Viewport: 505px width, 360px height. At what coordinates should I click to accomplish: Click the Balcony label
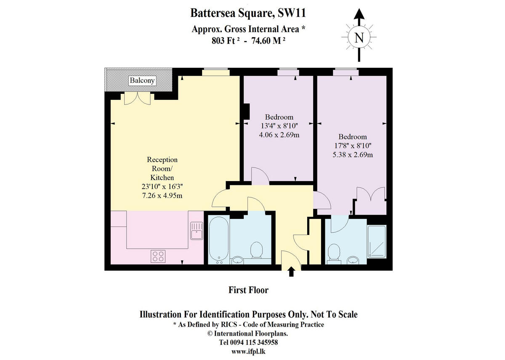(x=142, y=80)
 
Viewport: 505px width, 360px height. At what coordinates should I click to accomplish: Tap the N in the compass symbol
(x=359, y=38)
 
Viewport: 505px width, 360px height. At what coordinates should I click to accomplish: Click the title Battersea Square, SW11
(x=248, y=13)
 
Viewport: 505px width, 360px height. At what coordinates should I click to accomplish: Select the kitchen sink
(x=196, y=231)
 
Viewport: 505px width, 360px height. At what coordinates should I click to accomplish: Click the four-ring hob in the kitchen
(x=158, y=256)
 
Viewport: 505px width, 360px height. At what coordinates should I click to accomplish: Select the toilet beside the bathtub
(x=256, y=251)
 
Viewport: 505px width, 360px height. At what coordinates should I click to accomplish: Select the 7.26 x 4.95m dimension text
(x=162, y=196)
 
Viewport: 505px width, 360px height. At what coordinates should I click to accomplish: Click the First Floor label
(x=248, y=290)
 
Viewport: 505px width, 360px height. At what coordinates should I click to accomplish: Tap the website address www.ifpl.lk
(x=248, y=351)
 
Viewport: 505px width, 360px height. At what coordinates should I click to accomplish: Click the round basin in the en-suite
(x=353, y=260)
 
